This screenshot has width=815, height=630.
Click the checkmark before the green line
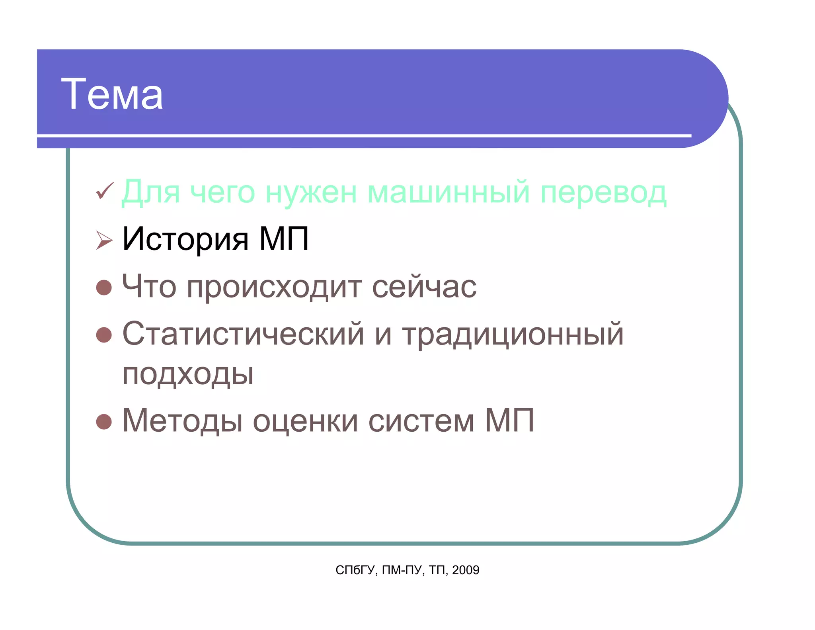tap(105, 191)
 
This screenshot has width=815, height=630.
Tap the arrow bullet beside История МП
tap(104, 240)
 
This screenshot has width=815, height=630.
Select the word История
tap(185, 239)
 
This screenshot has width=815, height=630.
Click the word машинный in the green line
tap(448, 192)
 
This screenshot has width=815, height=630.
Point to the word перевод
tap(603, 192)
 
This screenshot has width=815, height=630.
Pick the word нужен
tap(311, 192)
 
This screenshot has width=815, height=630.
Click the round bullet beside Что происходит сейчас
tap(104, 287)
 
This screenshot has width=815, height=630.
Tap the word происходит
tap(274, 287)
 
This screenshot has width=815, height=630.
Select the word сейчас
tap(424, 286)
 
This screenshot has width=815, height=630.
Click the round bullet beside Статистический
tap(104, 335)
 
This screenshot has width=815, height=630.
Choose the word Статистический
tap(243, 334)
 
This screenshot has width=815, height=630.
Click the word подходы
tap(187, 374)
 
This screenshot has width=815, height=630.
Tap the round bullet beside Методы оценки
tap(104, 422)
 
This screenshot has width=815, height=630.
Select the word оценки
tap(305, 421)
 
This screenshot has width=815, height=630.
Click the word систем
tap(421, 421)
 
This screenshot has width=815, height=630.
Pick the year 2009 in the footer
tap(466, 570)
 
